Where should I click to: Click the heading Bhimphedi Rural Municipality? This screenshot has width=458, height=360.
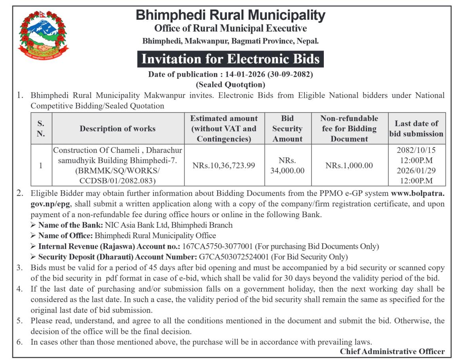pos(230,15)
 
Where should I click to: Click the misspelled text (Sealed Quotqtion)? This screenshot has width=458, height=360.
pos(230,84)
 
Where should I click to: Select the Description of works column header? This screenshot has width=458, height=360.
pos(118,129)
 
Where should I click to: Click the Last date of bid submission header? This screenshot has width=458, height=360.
pos(416,129)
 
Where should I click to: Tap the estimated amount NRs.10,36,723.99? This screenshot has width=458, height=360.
pos(223,165)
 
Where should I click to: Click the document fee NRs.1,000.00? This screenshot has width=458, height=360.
pos(349,165)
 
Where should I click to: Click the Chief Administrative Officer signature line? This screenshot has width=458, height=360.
pos(392,351)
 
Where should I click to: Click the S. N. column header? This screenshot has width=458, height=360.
pos(40,129)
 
